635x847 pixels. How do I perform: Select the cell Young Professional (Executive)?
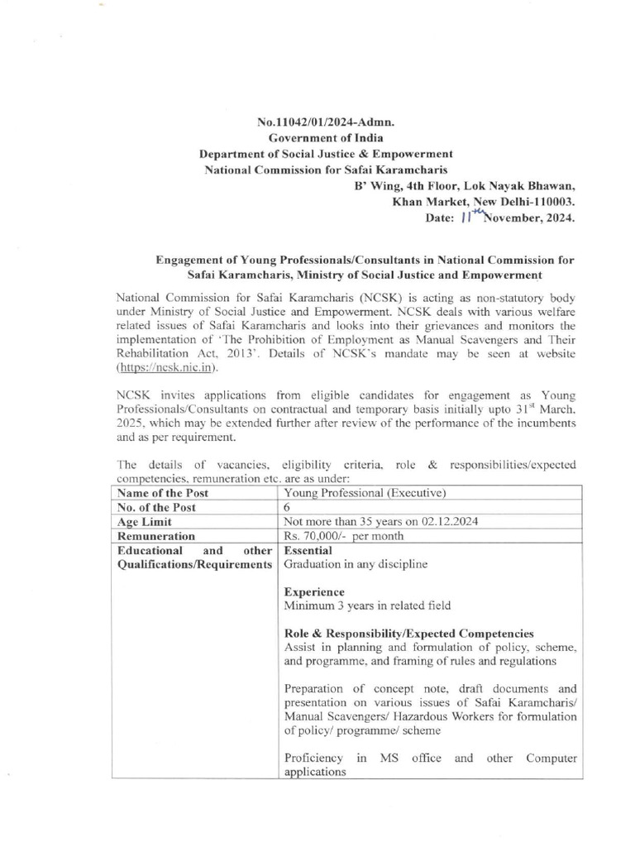pyautogui.click(x=365, y=493)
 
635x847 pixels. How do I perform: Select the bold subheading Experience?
pyautogui.click(x=314, y=592)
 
